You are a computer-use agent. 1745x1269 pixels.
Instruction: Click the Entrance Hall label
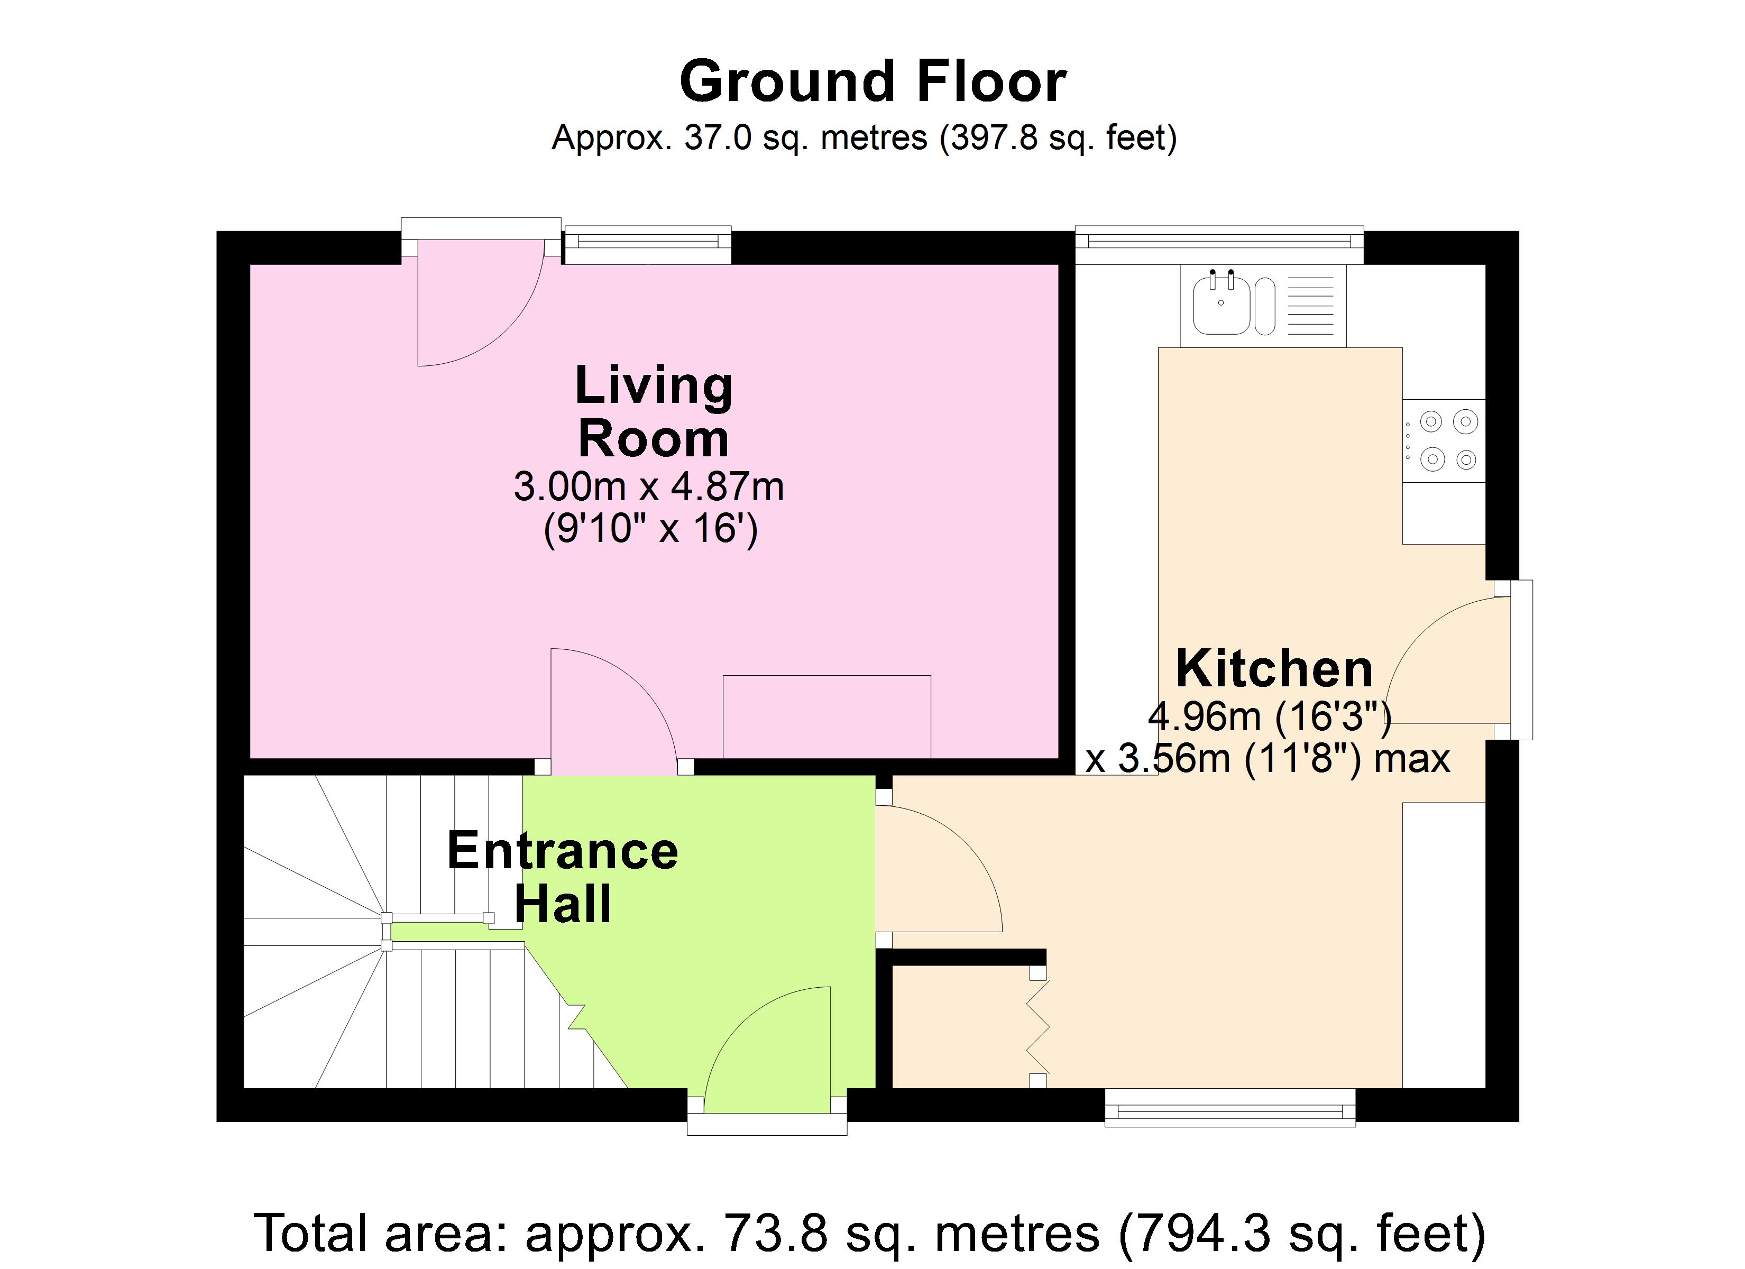pyautogui.click(x=563, y=877)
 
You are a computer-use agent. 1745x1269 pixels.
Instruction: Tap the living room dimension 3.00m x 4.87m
pyautogui.click(x=649, y=487)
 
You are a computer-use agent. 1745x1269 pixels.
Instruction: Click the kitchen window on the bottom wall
pyautogui.click(x=1229, y=1109)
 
